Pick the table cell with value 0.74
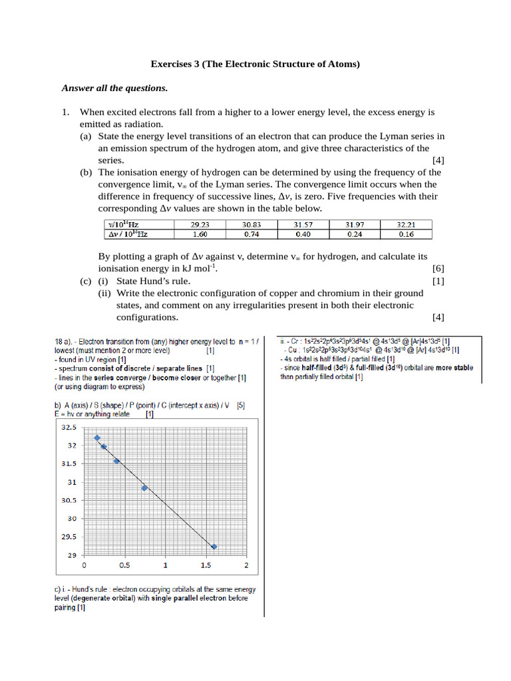(x=251, y=234)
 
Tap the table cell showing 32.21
(x=406, y=225)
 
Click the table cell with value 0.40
(x=303, y=234)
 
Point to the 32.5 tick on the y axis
(x=69, y=427)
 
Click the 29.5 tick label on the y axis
(x=69, y=537)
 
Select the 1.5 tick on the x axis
(x=206, y=565)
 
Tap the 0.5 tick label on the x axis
(x=124, y=565)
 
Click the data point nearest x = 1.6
(x=214, y=547)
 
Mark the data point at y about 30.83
(x=144, y=487)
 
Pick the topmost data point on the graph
(x=97, y=438)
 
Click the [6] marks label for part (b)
(x=438, y=269)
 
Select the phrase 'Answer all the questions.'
(x=114, y=88)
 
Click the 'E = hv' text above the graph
(x=67, y=414)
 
